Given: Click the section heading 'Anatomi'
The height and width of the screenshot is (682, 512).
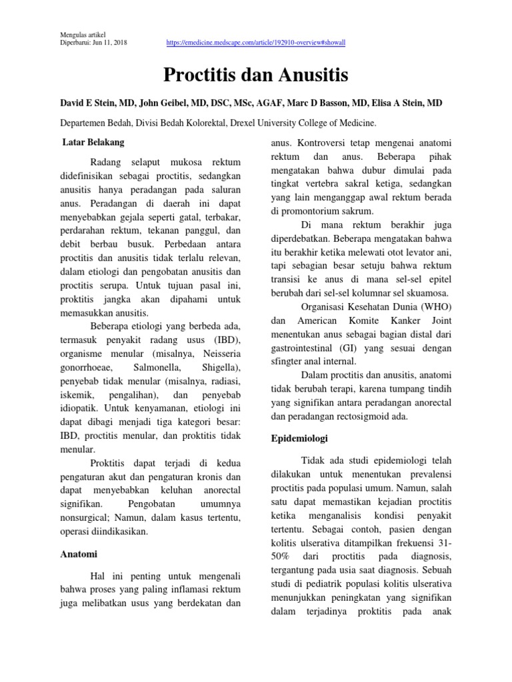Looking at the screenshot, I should (x=79, y=553).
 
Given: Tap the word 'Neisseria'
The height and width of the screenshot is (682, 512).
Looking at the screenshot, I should (x=219, y=354).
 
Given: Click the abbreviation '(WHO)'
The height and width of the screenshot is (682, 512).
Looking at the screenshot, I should (x=437, y=307).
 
